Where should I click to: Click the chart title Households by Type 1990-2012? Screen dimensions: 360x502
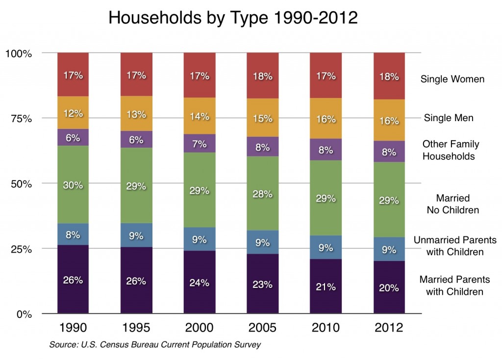[233, 18]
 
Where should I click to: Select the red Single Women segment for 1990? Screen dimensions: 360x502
[73, 75]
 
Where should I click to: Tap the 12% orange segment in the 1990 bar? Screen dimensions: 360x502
[73, 113]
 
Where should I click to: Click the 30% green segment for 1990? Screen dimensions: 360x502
[73, 185]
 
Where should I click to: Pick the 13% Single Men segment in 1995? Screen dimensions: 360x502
[136, 114]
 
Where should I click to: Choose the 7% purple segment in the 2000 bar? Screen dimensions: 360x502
[200, 143]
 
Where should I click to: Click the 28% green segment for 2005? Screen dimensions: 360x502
[263, 193]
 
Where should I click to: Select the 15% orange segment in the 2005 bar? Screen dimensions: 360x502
[263, 118]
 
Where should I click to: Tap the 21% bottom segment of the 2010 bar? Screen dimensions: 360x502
[326, 286]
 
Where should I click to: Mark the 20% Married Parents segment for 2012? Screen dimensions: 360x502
[389, 287]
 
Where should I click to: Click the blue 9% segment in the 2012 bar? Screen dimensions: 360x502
[389, 249]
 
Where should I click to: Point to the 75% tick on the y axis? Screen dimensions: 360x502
[21, 118]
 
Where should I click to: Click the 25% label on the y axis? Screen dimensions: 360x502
[21, 249]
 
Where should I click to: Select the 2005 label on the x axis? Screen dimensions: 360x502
[263, 328]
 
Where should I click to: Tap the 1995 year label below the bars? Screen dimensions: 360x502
[136, 328]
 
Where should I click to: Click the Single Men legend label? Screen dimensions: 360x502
[449, 118]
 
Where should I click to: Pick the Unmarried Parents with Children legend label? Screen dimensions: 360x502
[455, 246]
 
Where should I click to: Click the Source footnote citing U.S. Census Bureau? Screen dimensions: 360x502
[155, 345]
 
